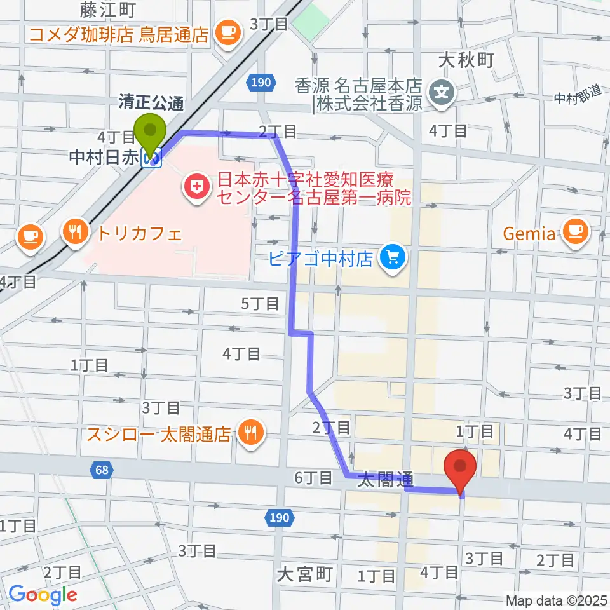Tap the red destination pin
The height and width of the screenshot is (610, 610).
click(x=461, y=468)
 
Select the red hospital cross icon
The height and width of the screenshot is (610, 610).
click(x=193, y=186)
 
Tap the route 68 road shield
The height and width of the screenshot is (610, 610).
click(x=99, y=470)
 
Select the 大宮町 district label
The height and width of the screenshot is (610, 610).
click(x=305, y=575)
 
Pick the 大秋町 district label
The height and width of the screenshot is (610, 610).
click(x=466, y=61)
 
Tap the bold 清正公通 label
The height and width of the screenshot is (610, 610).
click(x=151, y=101)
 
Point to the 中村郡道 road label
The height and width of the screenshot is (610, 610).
click(x=577, y=96)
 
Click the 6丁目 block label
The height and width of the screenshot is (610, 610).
click(x=314, y=477)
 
